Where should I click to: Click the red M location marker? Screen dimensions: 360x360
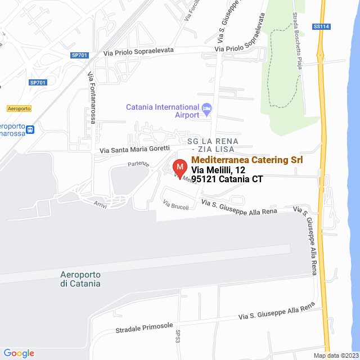coord(179,168)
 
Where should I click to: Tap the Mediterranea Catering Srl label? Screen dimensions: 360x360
coord(247,160)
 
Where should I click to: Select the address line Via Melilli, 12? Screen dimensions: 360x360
coord(218,170)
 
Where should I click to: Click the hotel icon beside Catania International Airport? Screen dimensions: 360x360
coord(206,107)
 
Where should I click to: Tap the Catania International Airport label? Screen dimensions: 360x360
coord(163,111)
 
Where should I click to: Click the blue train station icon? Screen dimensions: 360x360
coord(30,129)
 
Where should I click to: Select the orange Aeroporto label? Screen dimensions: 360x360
coord(19,108)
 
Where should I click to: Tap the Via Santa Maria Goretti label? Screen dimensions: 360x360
coord(134,150)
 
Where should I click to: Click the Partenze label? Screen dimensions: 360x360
coord(138,164)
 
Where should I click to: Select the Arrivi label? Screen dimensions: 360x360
coord(101,206)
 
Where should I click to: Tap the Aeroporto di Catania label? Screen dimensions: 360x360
coord(80,279)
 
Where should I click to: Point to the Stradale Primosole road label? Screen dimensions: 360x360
coord(144,328)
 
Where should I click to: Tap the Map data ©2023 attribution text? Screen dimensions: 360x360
coord(335,355)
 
